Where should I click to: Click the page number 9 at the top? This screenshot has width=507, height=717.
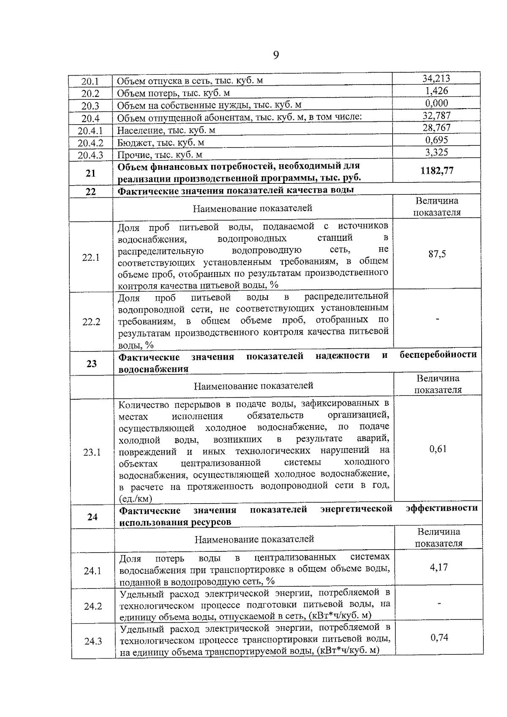(276, 55)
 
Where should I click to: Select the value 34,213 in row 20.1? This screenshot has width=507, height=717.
(436, 79)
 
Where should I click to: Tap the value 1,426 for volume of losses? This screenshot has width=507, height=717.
(437, 91)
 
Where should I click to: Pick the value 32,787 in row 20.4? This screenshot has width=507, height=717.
(437, 115)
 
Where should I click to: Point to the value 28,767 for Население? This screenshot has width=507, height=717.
(437, 128)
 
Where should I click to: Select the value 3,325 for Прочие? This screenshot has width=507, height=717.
(437, 152)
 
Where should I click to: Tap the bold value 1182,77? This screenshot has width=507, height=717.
(437, 171)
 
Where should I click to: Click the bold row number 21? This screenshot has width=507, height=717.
(90, 173)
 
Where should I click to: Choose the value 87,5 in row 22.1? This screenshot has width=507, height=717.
(437, 254)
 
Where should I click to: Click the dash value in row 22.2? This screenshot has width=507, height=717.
(438, 320)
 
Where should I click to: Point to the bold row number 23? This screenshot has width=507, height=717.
(91, 364)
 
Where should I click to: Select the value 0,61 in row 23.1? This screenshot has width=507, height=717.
(438, 449)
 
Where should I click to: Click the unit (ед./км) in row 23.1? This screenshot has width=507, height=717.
(136, 499)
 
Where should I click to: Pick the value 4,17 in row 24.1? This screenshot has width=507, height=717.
(439, 567)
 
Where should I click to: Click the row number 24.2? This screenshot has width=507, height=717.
(93, 607)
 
